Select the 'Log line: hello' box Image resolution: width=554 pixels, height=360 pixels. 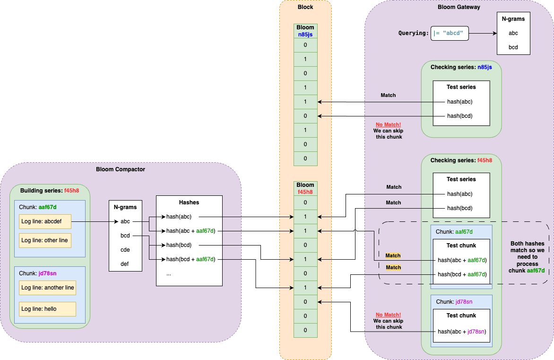[47, 309]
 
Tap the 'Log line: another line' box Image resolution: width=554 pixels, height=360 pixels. [47, 288]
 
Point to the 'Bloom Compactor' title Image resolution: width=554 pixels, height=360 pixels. [121, 169]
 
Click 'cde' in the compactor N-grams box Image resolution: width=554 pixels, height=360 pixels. [125, 250]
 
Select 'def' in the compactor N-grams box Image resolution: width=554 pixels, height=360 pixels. [125, 264]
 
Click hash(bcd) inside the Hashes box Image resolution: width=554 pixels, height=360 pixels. [179, 245]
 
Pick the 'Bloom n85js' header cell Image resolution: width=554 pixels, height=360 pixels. [305, 31]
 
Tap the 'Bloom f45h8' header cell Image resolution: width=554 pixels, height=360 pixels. [305, 188]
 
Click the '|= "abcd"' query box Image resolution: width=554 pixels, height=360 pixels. [449, 33]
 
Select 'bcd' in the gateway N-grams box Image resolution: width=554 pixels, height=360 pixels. [513, 47]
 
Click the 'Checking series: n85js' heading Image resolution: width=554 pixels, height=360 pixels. [461, 67]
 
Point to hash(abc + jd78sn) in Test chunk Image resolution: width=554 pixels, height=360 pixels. [462, 331]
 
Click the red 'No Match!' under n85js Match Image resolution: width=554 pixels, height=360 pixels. [388, 124]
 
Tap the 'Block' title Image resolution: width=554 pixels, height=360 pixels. [305, 7]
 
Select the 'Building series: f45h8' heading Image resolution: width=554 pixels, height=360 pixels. [49, 191]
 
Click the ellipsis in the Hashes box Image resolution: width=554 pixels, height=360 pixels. [169, 274]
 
